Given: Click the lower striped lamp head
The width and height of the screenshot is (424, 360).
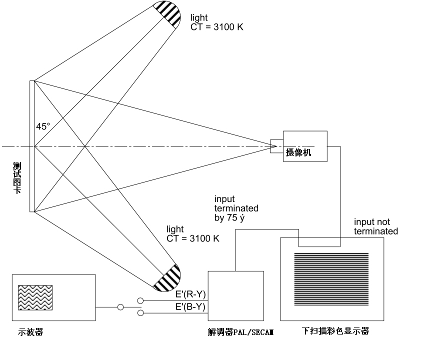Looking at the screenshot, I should click(x=167, y=278).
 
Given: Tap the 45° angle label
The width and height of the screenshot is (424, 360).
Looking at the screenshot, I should click(x=43, y=127).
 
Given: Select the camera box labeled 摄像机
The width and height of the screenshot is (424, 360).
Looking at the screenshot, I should click(x=305, y=146).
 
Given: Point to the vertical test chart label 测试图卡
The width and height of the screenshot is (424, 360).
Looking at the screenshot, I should click(x=17, y=177).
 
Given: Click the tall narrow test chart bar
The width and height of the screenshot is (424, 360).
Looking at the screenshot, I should click(x=32, y=146).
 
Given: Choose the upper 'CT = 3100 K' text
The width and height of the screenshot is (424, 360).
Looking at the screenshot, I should click(x=217, y=27).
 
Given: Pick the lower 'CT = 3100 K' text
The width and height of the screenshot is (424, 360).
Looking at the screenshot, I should click(x=193, y=238).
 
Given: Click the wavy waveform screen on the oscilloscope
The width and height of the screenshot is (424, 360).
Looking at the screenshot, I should click(x=35, y=297).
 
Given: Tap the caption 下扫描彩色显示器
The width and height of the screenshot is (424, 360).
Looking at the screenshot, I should click(x=335, y=331).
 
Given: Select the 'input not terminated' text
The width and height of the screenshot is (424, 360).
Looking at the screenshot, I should click(x=376, y=226).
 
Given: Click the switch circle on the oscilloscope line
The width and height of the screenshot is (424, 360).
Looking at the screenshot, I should click(x=120, y=307).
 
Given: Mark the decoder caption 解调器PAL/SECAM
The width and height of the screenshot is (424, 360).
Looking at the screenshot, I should click(x=241, y=331).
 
